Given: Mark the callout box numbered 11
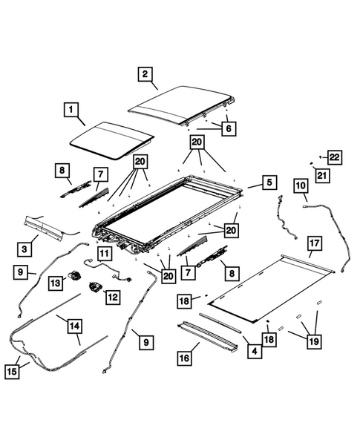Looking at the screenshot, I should [x=103, y=254].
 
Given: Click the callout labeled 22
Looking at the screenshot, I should [x=335, y=157].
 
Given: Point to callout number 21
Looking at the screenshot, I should [x=320, y=175].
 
